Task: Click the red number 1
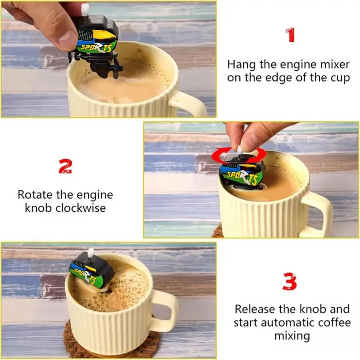pyautogui.click(x=290, y=35)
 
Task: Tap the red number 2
pyautogui.click(x=65, y=166)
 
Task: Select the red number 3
pyautogui.click(x=290, y=282)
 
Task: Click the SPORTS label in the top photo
pyautogui.click(x=96, y=47)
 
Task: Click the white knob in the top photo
pyautogui.click(x=85, y=9)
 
